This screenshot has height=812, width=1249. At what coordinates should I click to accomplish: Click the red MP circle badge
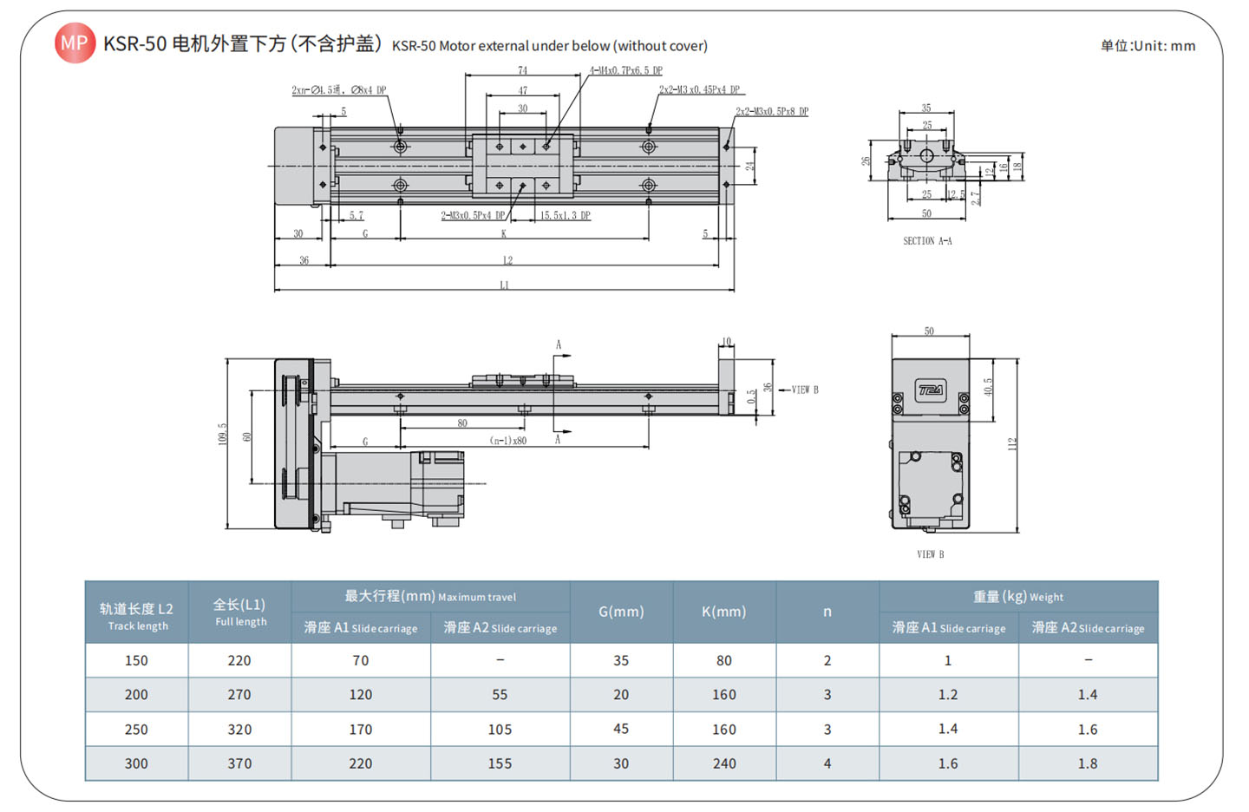75,43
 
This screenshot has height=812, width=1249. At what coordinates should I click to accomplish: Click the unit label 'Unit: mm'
1148,46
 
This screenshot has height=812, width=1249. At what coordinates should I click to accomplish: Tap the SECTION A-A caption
927,241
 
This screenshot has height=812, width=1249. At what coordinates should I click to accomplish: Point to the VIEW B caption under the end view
930,554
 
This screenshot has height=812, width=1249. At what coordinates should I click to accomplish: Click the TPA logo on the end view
931,390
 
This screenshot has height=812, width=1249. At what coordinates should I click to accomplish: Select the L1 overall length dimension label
505,285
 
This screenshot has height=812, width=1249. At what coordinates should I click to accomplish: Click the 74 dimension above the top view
522,70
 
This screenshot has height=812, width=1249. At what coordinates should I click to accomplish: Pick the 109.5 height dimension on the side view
222,435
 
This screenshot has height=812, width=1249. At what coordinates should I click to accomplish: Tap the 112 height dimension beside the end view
1011,444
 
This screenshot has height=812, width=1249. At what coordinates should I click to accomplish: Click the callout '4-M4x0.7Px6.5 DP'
625,70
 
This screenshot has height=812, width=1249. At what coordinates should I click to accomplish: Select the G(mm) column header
621,612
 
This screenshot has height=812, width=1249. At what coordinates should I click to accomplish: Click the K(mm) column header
723,612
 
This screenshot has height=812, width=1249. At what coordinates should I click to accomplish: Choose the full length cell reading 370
239,763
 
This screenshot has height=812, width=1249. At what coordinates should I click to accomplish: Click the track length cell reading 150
136,660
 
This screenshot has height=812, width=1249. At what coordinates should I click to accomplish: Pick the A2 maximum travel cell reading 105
500,730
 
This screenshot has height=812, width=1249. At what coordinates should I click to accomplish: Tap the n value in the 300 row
827,763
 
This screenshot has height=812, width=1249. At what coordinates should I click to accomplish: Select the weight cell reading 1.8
1087,763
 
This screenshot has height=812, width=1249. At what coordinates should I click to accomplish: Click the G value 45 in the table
621,729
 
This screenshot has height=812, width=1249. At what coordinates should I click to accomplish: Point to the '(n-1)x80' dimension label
508,440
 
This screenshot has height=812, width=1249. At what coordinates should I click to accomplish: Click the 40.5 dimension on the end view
988,388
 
